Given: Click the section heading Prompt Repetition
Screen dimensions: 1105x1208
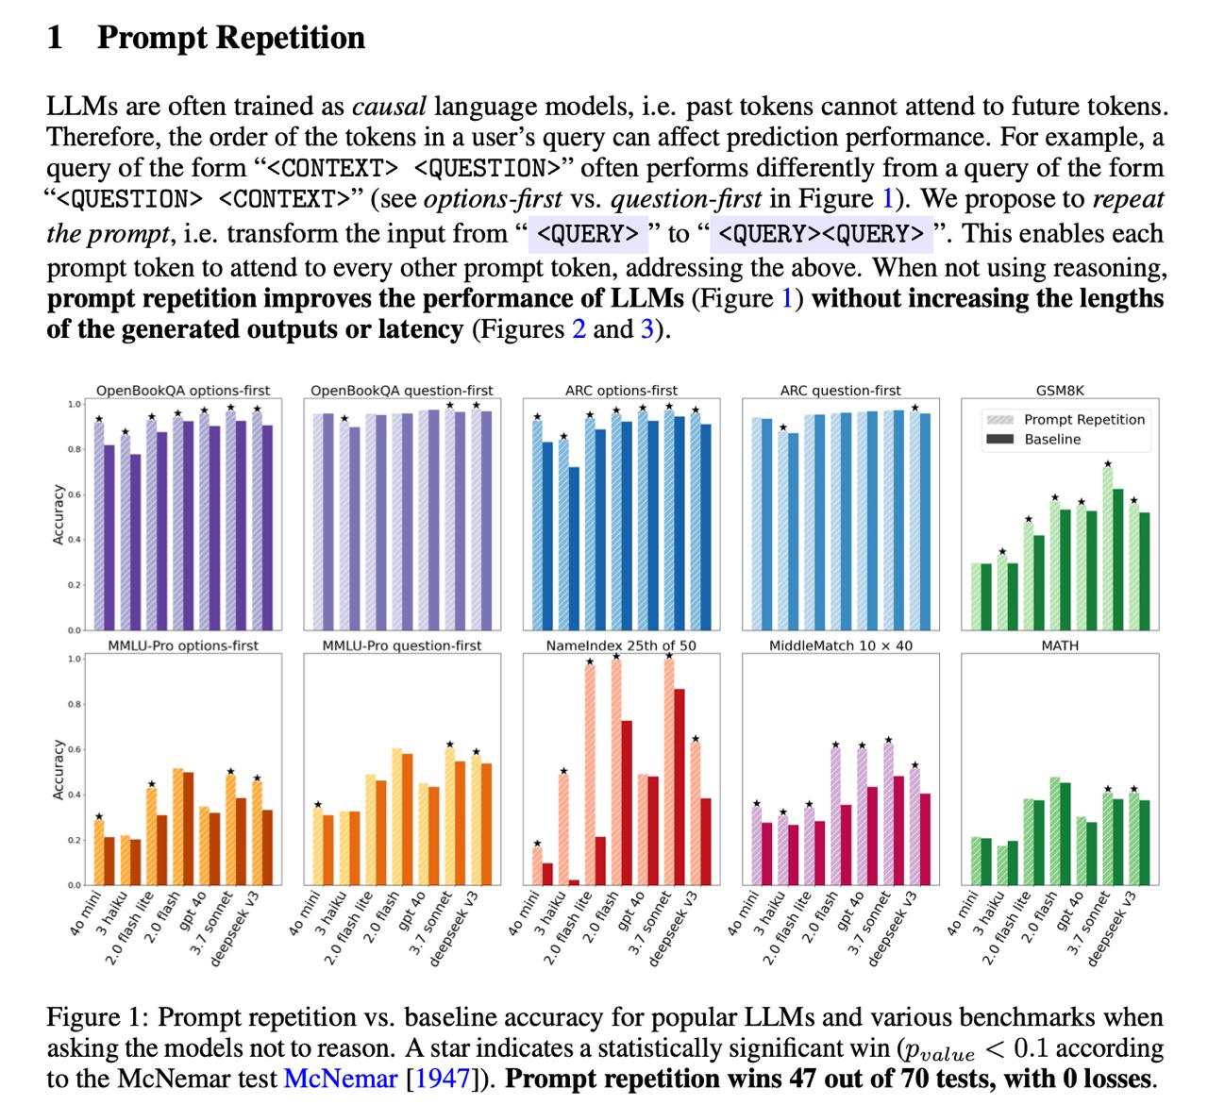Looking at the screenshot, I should point(230,38).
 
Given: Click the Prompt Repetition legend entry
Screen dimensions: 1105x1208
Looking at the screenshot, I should point(1083,419).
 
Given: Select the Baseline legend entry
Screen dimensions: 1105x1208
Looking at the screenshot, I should point(1052,439).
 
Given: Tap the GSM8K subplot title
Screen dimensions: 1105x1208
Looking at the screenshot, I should point(1059,390).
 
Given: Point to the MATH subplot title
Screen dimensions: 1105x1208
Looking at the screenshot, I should point(1059,645).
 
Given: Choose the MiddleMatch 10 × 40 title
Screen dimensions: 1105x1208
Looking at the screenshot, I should point(840,645).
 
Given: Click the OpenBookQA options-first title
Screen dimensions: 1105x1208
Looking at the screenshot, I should point(183,390).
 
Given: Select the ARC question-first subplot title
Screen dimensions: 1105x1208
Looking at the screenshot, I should point(840,390).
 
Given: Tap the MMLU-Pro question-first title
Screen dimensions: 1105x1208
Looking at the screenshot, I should point(401,645).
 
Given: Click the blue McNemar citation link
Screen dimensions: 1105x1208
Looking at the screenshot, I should point(340,1079).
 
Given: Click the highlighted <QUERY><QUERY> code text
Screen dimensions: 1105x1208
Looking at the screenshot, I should point(821,233).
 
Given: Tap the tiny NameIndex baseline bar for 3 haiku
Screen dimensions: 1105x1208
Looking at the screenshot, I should point(574,882).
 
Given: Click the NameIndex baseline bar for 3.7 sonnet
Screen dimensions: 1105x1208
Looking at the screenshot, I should point(679,787).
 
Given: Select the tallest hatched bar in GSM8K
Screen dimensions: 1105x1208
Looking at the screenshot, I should point(1107,547).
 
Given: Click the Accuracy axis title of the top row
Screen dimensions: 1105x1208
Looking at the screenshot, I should point(58,514).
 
